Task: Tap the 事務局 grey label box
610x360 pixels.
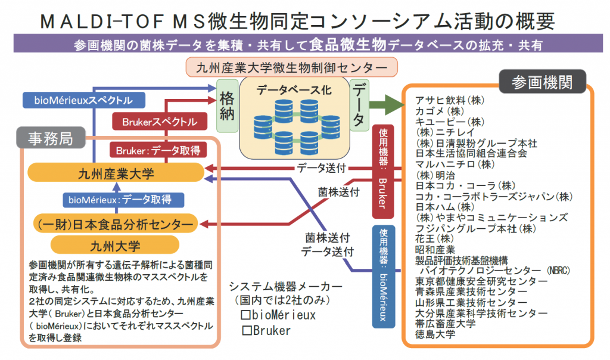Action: pos(51,139)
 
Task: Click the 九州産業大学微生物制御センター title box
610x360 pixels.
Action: pos(292,66)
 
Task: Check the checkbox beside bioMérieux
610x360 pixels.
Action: pos(244,314)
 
